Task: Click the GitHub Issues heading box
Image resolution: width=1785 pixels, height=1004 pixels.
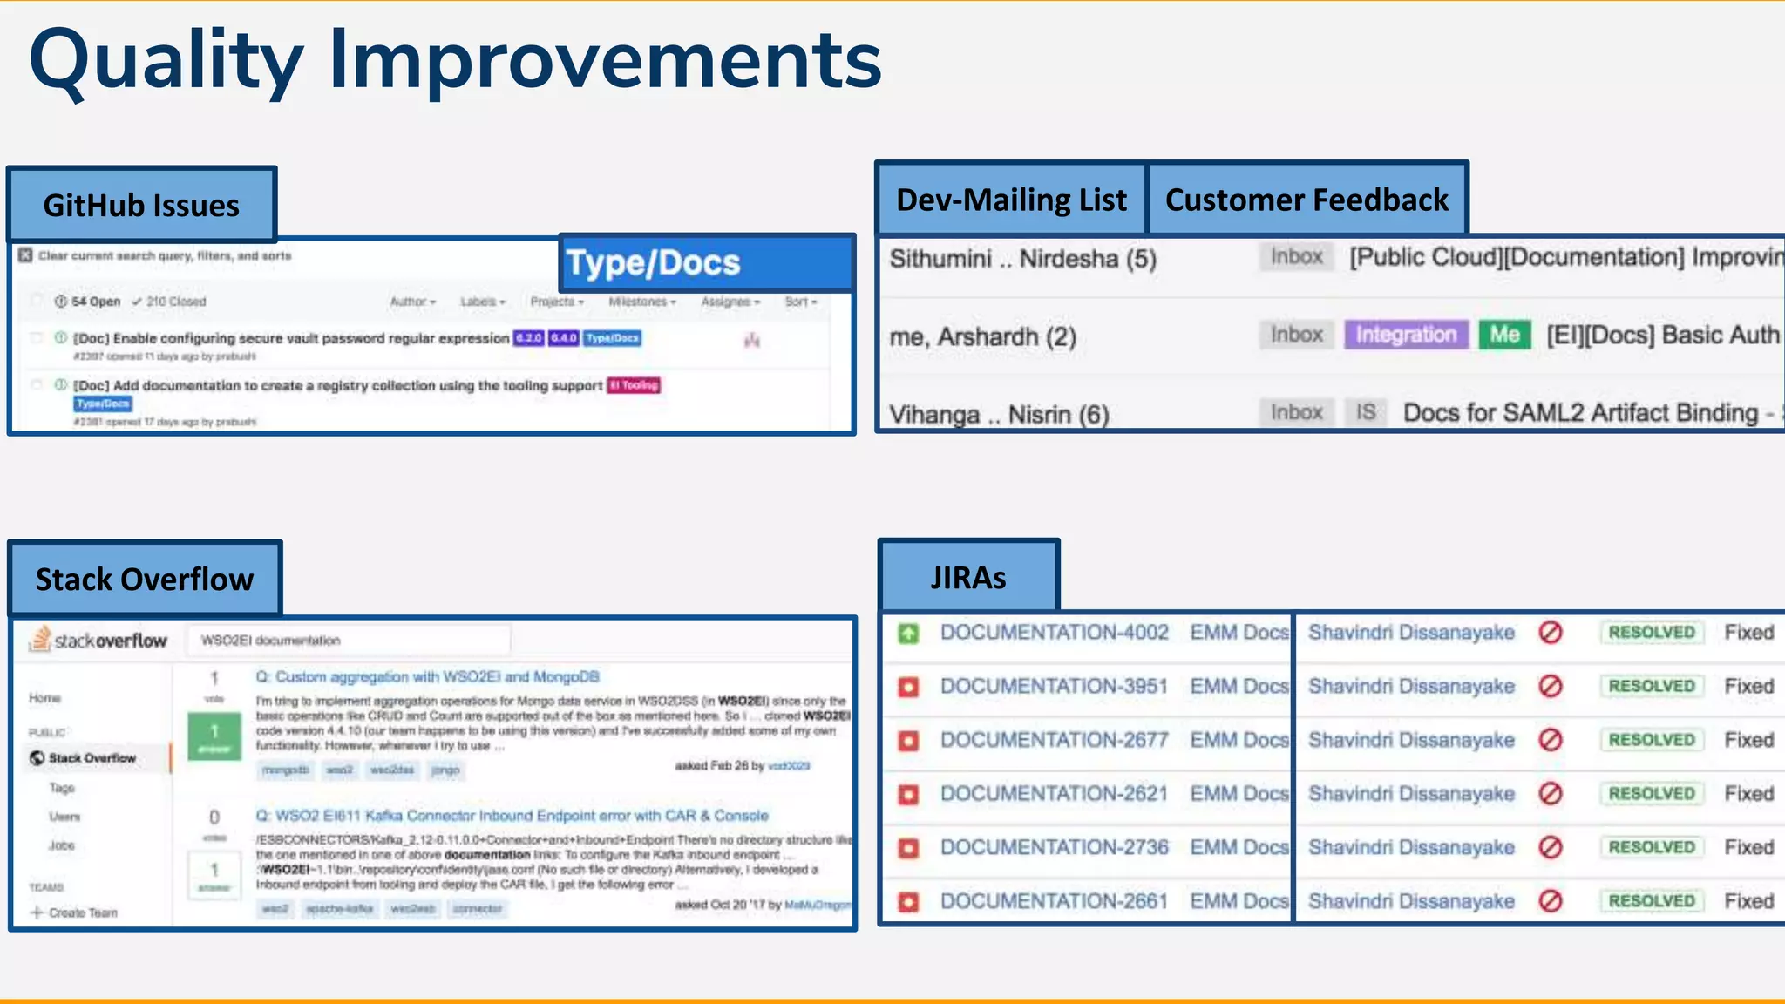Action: pos(141,205)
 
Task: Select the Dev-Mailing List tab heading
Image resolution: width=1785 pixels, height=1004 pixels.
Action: pos(1011,200)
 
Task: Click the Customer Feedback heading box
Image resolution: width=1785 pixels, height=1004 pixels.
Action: pos(1307,200)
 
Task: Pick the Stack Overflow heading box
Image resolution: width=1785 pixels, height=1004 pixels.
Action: pos(145,579)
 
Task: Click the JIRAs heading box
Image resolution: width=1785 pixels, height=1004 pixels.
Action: pos(968,577)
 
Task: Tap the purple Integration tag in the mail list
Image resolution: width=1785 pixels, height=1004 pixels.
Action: pos(1405,335)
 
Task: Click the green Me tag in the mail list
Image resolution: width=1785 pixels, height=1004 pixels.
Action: pos(1504,335)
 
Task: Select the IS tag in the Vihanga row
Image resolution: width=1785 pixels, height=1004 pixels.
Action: pos(1365,412)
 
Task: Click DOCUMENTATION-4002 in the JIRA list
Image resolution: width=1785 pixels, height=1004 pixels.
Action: pos(1054,633)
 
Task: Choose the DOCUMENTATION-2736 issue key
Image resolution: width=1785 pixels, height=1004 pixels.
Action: pos(1054,847)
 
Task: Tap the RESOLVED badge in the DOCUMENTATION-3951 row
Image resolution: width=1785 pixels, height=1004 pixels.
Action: pos(1651,686)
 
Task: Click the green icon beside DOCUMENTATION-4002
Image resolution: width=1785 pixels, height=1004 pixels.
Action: pos(908,634)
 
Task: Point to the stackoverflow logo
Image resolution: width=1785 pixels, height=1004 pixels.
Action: pos(98,641)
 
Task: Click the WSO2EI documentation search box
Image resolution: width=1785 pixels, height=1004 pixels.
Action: pos(349,641)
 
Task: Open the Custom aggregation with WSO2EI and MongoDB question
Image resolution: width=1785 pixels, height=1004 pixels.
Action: pos(427,677)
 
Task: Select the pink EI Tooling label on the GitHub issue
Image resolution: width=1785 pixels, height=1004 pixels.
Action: pos(634,385)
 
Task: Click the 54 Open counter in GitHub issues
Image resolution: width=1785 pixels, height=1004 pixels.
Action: pos(87,302)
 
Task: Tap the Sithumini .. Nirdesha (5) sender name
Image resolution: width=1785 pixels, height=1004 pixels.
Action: pos(1022,259)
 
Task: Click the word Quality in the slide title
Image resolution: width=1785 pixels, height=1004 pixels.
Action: pos(166,61)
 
